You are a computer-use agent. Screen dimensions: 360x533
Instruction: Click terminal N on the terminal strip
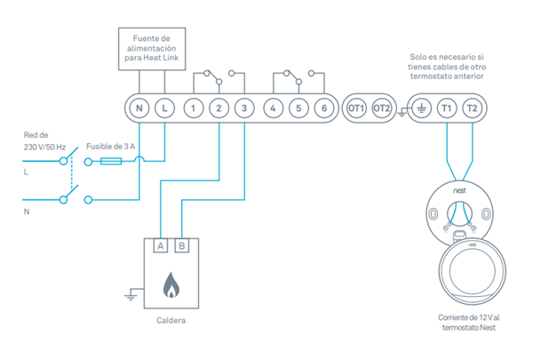(139, 108)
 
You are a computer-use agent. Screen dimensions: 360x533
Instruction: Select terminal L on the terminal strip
(165, 108)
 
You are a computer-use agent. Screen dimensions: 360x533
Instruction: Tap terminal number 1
(193, 108)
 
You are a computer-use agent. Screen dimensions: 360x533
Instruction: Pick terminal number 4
(274, 108)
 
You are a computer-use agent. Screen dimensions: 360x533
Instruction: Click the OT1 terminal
(356, 108)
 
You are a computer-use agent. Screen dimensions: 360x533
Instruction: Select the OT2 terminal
(382, 108)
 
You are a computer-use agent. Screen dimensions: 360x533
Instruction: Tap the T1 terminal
(446, 108)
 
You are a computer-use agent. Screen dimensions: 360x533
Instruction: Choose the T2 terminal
(472, 108)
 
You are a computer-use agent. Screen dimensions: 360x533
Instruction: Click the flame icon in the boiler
(171, 286)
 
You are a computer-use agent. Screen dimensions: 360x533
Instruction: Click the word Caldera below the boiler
(171, 320)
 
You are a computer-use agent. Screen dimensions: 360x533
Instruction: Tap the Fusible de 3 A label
(113, 145)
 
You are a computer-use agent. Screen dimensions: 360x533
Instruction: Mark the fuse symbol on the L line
(112, 161)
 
